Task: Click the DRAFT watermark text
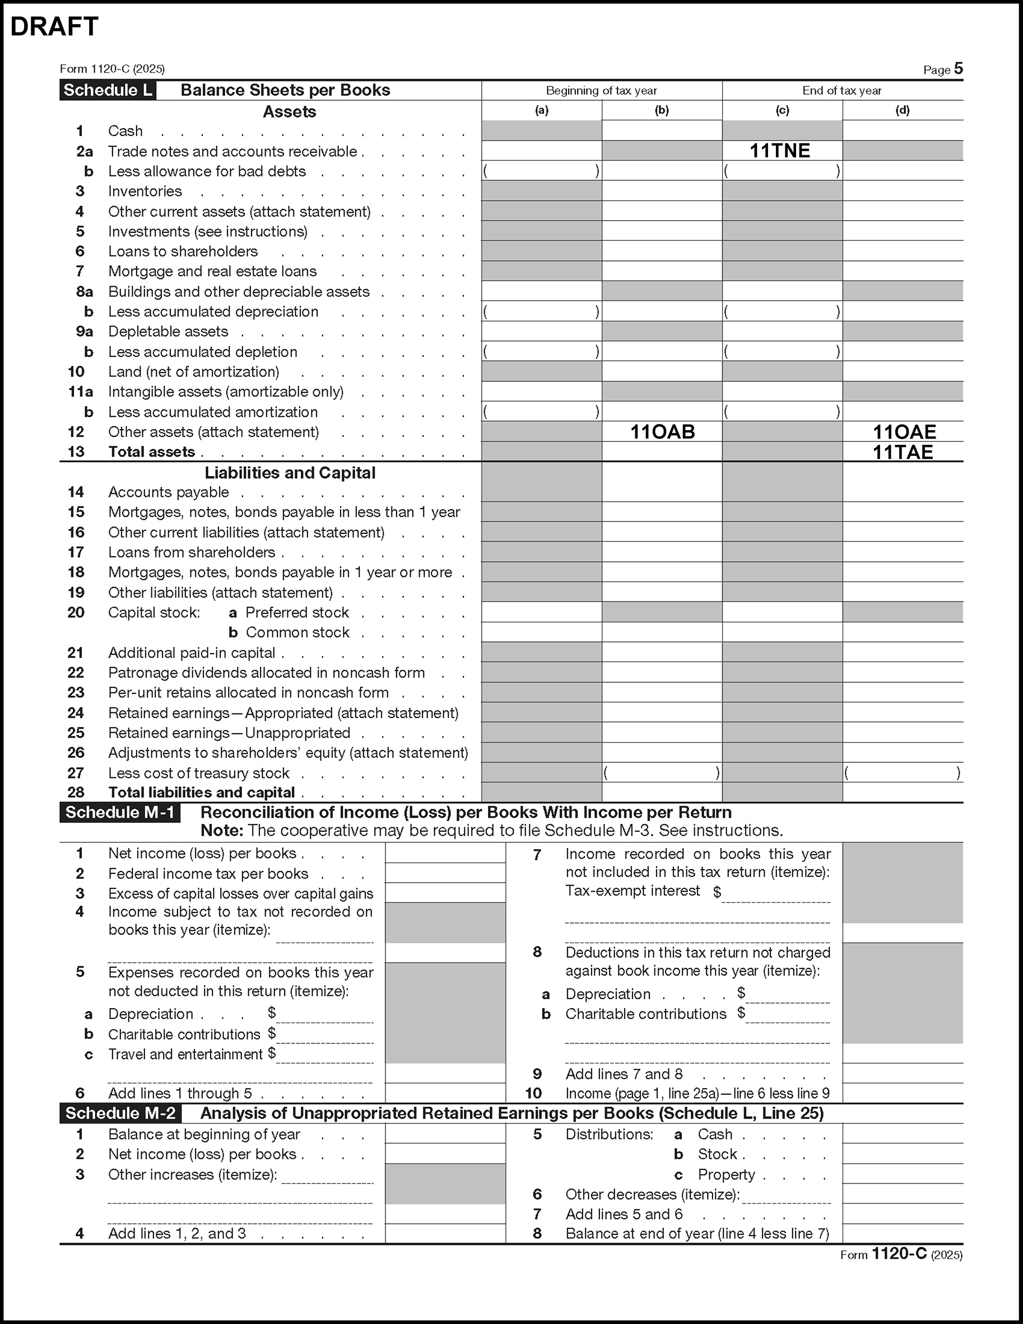coord(54,27)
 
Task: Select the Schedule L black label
coord(108,90)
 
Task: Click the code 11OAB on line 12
coord(662,432)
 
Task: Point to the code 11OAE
coord(904,432)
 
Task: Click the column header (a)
coord(542,110)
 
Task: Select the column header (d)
coord(903,110)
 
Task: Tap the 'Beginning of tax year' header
coord(601,91)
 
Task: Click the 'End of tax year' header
coord(841,91)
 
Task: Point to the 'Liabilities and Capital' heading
coord(290,473)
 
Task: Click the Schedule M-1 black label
coord(120,812)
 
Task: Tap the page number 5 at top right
coord(958,68)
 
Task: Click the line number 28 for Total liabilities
coord(76,792)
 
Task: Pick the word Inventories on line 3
coord(145,192)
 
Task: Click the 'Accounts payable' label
coord(169,492)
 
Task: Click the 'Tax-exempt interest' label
coord(633,891)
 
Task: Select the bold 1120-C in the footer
coord(899,1253)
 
